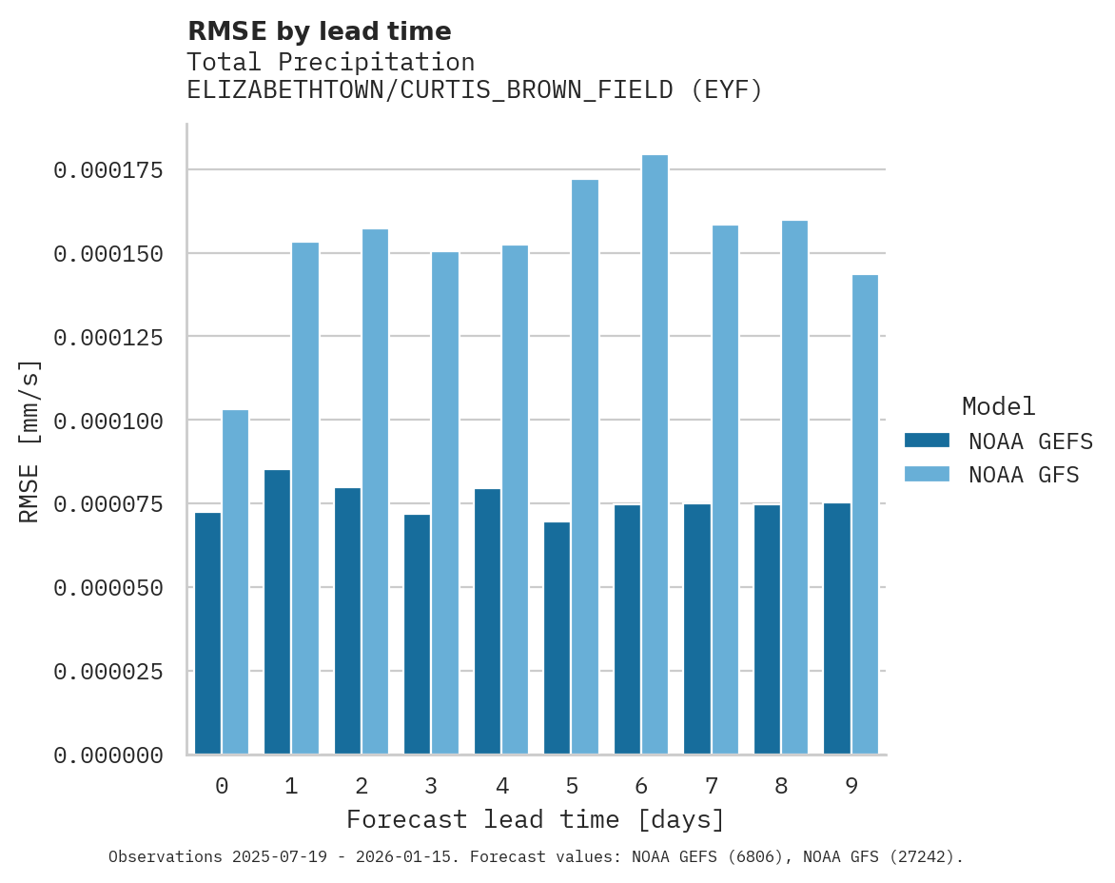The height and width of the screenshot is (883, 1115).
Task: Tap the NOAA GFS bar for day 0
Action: [235, 582]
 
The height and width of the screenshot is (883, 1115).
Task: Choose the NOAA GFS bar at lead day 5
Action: [585, 466]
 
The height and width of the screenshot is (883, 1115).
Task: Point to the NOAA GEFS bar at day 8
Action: [767, 629]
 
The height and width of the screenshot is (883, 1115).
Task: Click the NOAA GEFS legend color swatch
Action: [927, 441]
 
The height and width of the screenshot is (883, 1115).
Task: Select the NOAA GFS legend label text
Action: [1024, 475]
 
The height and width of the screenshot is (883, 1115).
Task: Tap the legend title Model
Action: [998, 406]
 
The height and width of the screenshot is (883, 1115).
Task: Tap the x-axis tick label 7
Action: [711, 786]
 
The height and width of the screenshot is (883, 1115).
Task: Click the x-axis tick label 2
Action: [362, 786]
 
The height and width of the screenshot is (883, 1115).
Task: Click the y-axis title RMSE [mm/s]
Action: [30, 441]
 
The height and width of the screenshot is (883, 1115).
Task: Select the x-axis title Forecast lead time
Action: [536, 819]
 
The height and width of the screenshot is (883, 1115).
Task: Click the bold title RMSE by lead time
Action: [319, 31]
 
